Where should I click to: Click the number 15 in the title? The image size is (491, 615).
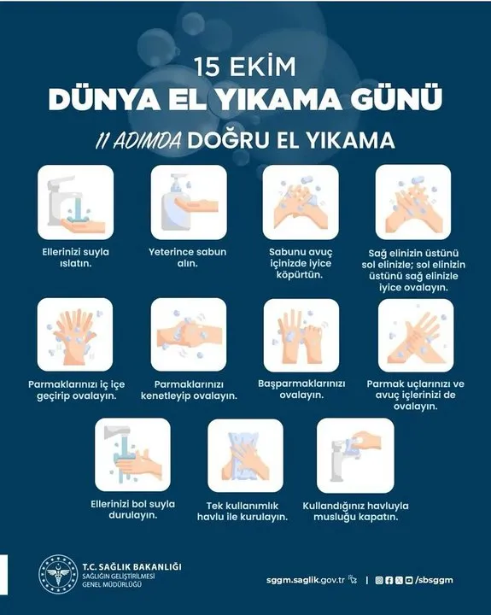pos(207,67)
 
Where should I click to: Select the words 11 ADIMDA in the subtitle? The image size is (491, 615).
pos(138,140)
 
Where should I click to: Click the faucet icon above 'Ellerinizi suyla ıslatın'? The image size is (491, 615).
pos(76,202)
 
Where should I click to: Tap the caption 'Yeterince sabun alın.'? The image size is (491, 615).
pos(188,257)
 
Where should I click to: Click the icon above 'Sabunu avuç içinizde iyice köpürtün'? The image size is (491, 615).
pos(301,202)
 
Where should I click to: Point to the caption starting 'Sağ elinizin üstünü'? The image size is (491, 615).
pos(413,270)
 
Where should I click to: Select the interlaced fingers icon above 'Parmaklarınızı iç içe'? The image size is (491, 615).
pos(75,335)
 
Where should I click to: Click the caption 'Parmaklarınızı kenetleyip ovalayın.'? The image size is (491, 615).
pos(189,389)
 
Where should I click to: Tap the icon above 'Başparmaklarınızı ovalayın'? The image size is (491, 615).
pos(301,336)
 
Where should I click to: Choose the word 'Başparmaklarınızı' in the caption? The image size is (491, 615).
pos(301,384)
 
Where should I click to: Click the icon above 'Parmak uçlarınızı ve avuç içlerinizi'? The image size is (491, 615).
pos(416,336)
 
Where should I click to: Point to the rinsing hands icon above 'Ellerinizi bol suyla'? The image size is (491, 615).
pos(132,454)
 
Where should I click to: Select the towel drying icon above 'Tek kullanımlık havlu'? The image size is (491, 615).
pos(245,455)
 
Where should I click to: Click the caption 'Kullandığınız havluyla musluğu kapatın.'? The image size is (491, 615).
pos(356,512)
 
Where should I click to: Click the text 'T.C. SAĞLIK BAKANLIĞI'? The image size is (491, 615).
pos(132,567)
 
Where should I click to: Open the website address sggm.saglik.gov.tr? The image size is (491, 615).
pos(306,580)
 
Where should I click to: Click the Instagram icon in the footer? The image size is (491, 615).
pos(379,580)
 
